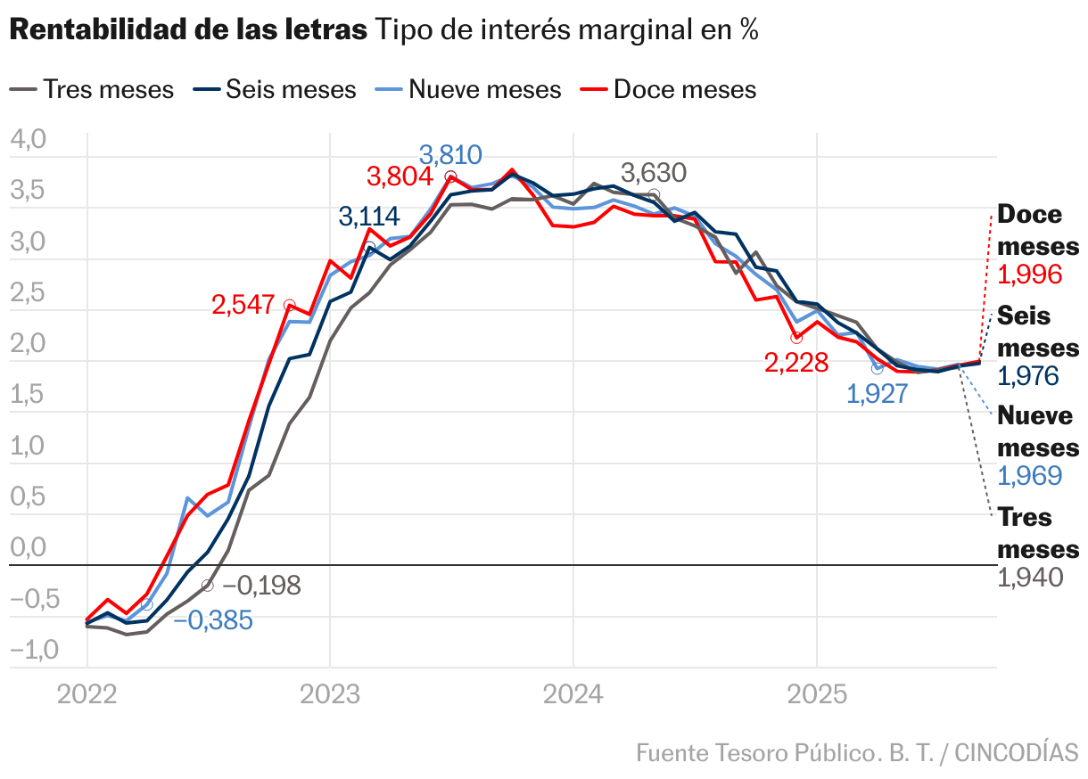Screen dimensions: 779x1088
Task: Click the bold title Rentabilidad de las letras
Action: (x=188, y=30)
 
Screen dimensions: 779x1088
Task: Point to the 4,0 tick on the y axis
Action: (x=27, y=140)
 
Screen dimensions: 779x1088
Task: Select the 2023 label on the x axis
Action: (x=329, y=694)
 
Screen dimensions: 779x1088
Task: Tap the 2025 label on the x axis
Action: (x=816, y=694)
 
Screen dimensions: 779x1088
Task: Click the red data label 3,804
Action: (x=400, y=176)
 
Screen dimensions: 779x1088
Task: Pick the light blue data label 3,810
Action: (x=450, y=155)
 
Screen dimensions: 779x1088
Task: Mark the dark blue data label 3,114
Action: (x=369, y=217)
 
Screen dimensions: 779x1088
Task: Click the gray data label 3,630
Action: (x=653, y=173)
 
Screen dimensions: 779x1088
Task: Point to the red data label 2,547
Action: (x=243, y=305)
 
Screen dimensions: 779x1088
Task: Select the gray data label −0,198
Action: (x=261, y=586)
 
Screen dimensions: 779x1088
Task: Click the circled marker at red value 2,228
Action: (x=796, y=338)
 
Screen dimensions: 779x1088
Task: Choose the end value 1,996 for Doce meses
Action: (x=1029, y=275)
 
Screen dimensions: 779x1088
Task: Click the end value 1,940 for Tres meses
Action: (x=1029, y=578)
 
